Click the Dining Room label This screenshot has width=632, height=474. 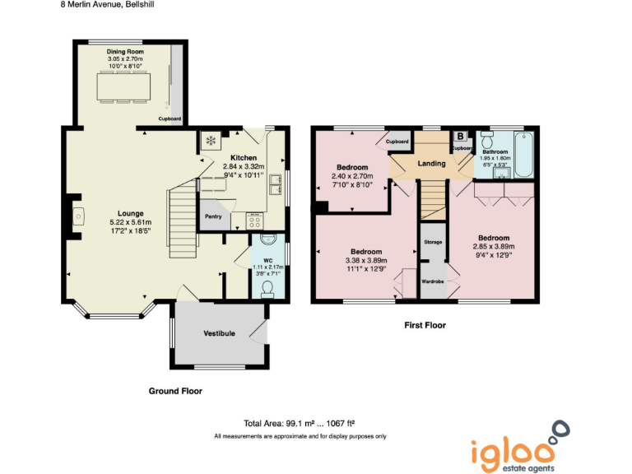pyautogui.click(x=125, y=52)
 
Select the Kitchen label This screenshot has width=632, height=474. pyautogui.click(x=244, y=158)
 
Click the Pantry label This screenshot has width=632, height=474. pyautogui.click(x=213, y=216)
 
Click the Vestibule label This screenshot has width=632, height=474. pyautogui.click(x=220, y=333)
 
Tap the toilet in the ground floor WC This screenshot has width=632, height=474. pyautogui.click(x=266, y=287)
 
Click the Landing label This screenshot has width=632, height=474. pyautogui.click(x=432, y=163)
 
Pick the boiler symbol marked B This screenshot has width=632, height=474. pyautogui.click(x=460, y=137)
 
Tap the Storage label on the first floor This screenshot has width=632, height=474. pyautogui.click(x=433, y=243)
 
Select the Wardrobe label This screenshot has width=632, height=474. pyautogui.click(x=433, y=281)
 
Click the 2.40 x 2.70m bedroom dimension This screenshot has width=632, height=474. pyautogui.click(x=352, y=176)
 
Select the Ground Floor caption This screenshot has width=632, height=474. pyautogui.click(x=175, y=391)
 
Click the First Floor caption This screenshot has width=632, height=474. pyautogui.click(x=425, y=325)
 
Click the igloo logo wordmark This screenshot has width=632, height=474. pyautogui.click(x=511, y=453)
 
